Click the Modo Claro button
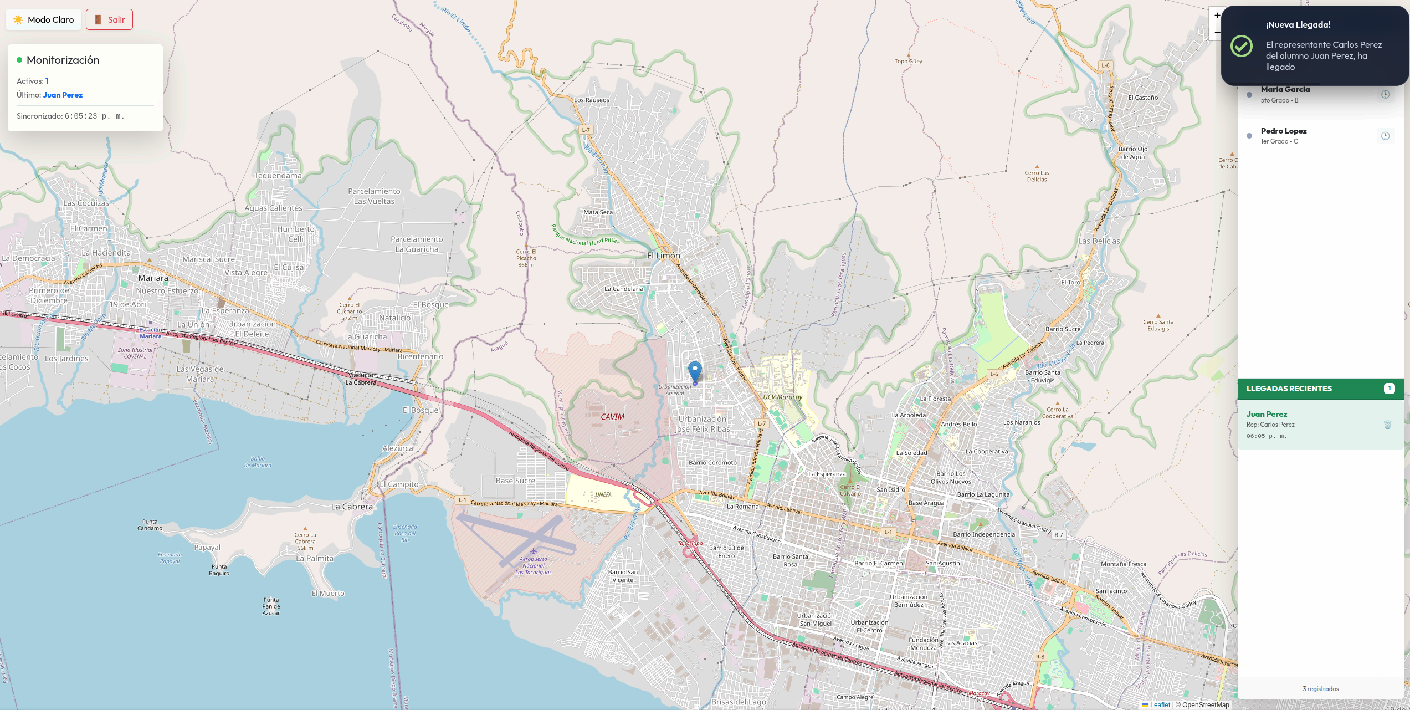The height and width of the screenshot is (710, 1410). click(44, 19)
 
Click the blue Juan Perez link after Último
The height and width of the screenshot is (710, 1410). click(63, 95)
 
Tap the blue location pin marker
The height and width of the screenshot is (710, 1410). click(695, 371)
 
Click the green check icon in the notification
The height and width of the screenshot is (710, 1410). click(1241, 46)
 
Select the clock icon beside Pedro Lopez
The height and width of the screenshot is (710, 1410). click(1385, 136)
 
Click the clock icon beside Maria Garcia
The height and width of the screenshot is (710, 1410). click(1385, 94)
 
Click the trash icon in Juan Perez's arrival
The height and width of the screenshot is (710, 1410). click(1387, 425)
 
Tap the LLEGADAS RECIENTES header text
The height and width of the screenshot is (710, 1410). click(1289, 389)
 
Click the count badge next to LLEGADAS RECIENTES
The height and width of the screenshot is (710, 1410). click(1389, 389)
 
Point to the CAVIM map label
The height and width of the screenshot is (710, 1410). click(612, 417)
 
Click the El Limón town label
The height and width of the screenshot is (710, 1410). click(663, 256)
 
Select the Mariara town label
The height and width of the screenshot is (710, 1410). click(153, 278)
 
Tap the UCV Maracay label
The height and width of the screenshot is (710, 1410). click(782, 397)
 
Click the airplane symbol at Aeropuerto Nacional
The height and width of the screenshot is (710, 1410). click(533, 551)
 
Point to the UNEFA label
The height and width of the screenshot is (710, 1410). click(603, 494)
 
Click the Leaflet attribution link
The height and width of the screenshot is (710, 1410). click(1160, 705)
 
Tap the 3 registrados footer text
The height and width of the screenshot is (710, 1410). click(1320, 689)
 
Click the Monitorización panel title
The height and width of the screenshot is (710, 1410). click(63, 60)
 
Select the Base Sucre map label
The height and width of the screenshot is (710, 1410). click(515, 481)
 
